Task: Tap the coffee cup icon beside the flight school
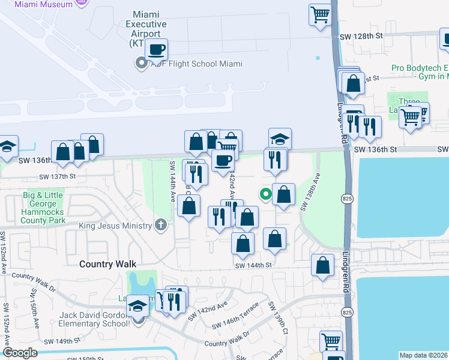point(156,50)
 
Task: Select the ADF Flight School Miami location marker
point(142,64)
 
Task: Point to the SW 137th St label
point(58,176)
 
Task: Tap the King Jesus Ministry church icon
point(160,225)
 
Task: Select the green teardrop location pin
point(264,194)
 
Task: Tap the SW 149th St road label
point(61,340)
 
